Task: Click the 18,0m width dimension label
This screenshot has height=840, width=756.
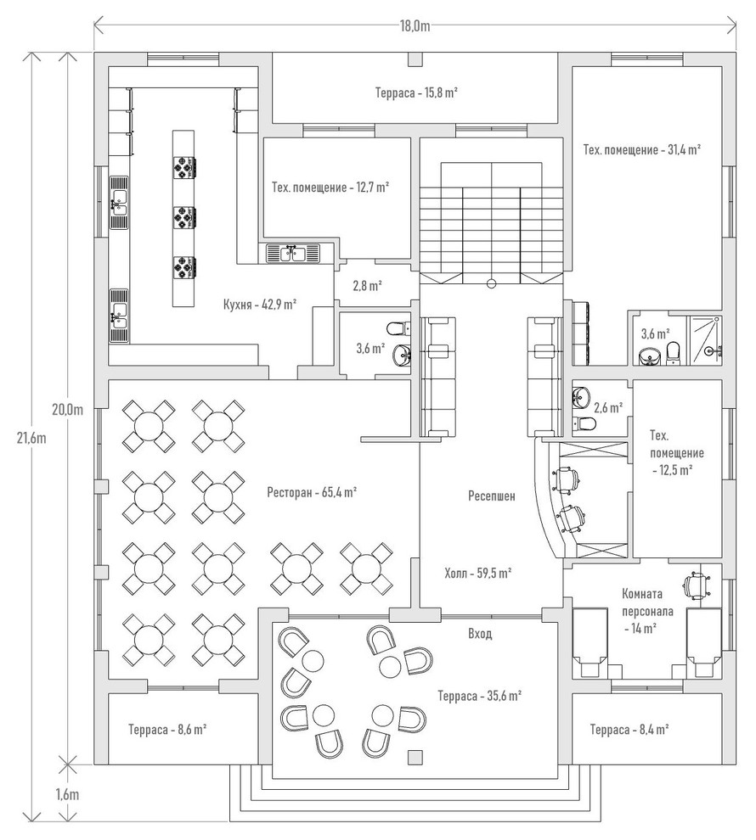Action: [x=415, y=25]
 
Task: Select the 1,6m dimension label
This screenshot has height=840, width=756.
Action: [x=67, y=794]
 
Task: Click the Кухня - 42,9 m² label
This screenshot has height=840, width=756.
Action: [x=259, y=304]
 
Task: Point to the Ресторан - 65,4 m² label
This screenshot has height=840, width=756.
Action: [x=311, y=491]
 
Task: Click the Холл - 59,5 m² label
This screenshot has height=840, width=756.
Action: [x=477, y=574]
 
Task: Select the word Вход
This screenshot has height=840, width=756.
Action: [x=480, y=633]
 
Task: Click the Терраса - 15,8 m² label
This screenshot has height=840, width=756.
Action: [x=417, y=92]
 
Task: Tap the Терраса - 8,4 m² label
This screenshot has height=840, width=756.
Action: [x=629, y=729]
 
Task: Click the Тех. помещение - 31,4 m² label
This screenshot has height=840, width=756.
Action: [x=641, y=150]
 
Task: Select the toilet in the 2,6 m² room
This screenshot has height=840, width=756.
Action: [x=586, y=423]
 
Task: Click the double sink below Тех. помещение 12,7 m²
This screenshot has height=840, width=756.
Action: [x=294, y=252]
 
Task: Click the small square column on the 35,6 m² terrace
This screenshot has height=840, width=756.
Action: [x=415, y=757]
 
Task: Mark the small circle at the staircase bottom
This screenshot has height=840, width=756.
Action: [x=491, y=283]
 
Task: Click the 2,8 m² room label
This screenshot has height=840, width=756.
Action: [x=368, y=286]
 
